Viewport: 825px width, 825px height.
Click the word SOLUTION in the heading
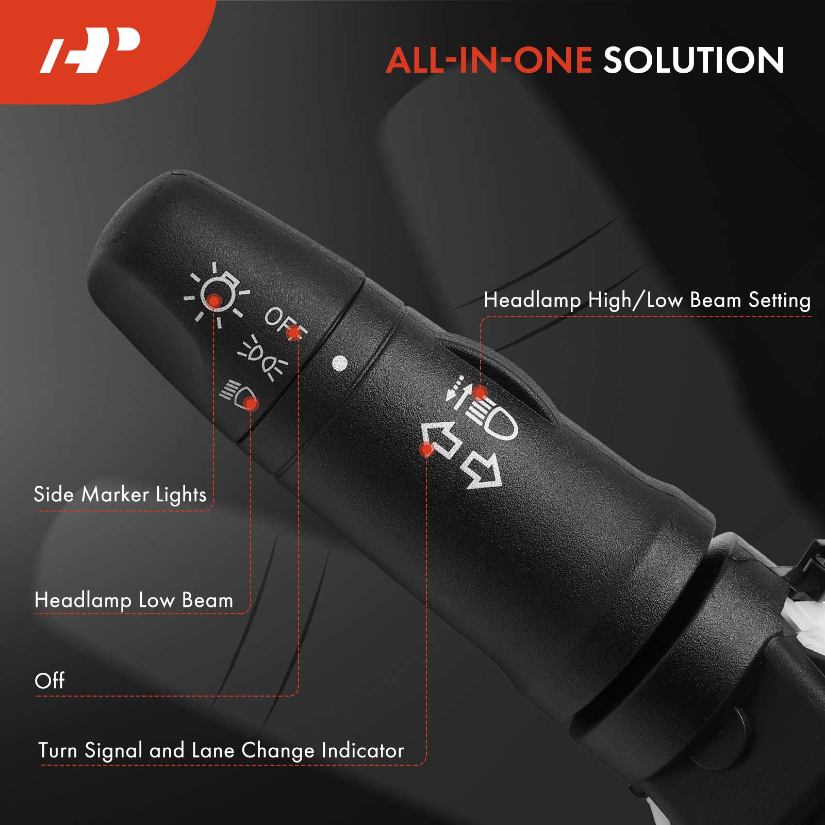[x=694, y=60]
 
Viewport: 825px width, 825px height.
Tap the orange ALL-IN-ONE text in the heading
[x=489, y=60]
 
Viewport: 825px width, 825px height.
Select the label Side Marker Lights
[x=120, y=494]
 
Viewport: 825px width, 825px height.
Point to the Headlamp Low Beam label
[x=134, y=600]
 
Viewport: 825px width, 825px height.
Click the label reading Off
[x=49, y=681]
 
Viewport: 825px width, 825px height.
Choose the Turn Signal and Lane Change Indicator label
[x=221, y=751]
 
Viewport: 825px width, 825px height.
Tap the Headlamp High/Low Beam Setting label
[x=647, y=300]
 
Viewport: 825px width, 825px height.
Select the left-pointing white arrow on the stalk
[x=440, y=439]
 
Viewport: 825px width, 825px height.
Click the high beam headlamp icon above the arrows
[x=482, y=410]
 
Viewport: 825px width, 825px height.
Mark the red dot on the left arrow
[x=426, y=450]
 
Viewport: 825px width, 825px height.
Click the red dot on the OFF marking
[x=294, y=333]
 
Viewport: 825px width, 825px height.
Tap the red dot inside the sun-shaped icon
[x=213, y=300]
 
